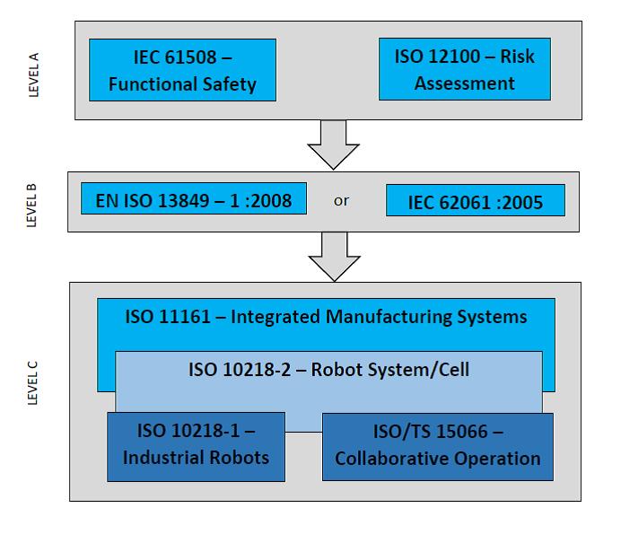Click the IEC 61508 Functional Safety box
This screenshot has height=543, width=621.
coord(182,71)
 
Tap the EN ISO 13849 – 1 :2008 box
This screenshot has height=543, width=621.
coord(193,201)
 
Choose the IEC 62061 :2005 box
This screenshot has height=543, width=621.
coord(476,201)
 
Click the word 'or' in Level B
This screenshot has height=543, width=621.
coord(341,201)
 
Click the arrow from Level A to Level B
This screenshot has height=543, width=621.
coord(333,143)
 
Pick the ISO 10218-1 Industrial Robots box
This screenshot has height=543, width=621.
coord(196,446)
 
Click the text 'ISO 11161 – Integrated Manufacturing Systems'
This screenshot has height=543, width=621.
coord(326,317)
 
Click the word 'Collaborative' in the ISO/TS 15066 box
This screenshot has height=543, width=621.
coord(389,459)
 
